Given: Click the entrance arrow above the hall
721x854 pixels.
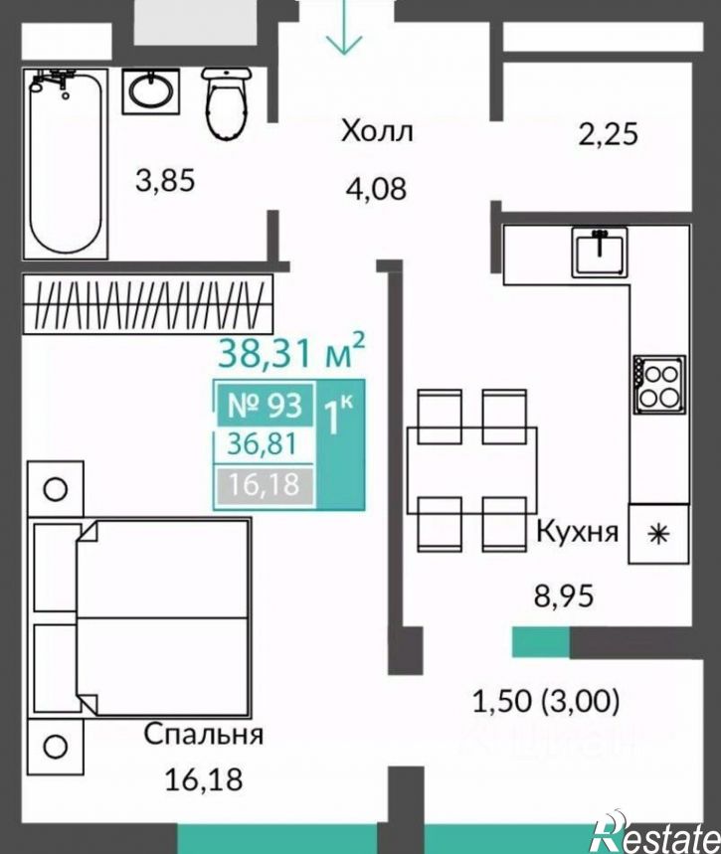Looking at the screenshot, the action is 344,27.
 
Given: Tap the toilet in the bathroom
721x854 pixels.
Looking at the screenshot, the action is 227,103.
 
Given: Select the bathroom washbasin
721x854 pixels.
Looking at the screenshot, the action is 150,90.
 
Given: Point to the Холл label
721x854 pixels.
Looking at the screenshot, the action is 377,132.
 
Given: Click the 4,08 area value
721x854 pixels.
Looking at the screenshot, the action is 376,189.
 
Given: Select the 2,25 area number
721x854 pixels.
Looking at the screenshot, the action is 607,134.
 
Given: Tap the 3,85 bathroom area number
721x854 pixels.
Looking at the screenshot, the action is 164,181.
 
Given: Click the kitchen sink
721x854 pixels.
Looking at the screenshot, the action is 600,252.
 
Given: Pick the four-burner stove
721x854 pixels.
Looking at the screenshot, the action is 659,384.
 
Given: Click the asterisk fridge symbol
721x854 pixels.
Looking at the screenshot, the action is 658,533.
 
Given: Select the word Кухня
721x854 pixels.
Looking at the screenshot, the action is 577,532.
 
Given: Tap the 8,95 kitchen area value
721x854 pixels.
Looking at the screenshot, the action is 564,597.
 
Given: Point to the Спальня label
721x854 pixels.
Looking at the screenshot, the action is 203,735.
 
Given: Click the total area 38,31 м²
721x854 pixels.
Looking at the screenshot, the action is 291,351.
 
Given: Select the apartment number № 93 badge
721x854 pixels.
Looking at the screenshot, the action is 265,405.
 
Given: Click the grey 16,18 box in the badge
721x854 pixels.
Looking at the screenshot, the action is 265,484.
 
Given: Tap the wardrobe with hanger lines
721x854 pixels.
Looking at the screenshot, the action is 147,304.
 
